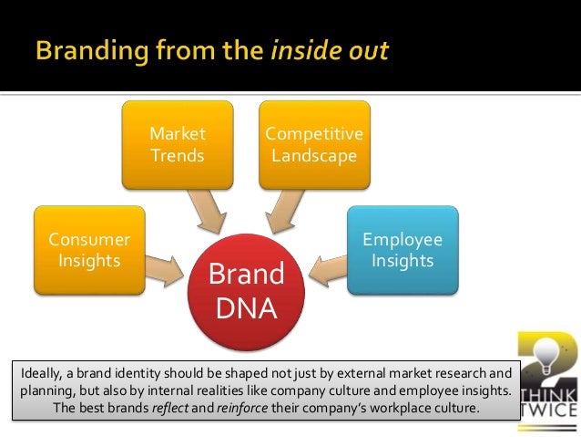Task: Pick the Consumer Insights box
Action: pyautogui.click(x=89, y=249)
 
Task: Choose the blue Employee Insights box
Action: pyautogui.click(x=403, y=249)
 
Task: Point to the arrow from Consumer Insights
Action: pyautogui.click(x=166, y=266)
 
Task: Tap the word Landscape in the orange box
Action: pyautogui.click(x=314, y=155)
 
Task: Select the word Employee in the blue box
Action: pyautogui.click(x=403, y=240)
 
